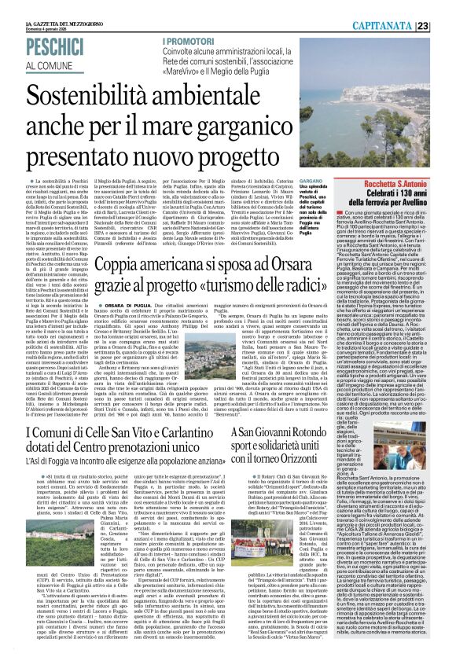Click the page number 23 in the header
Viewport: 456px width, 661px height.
click(444, 6)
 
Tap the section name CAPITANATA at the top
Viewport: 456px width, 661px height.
click(403, 6)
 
